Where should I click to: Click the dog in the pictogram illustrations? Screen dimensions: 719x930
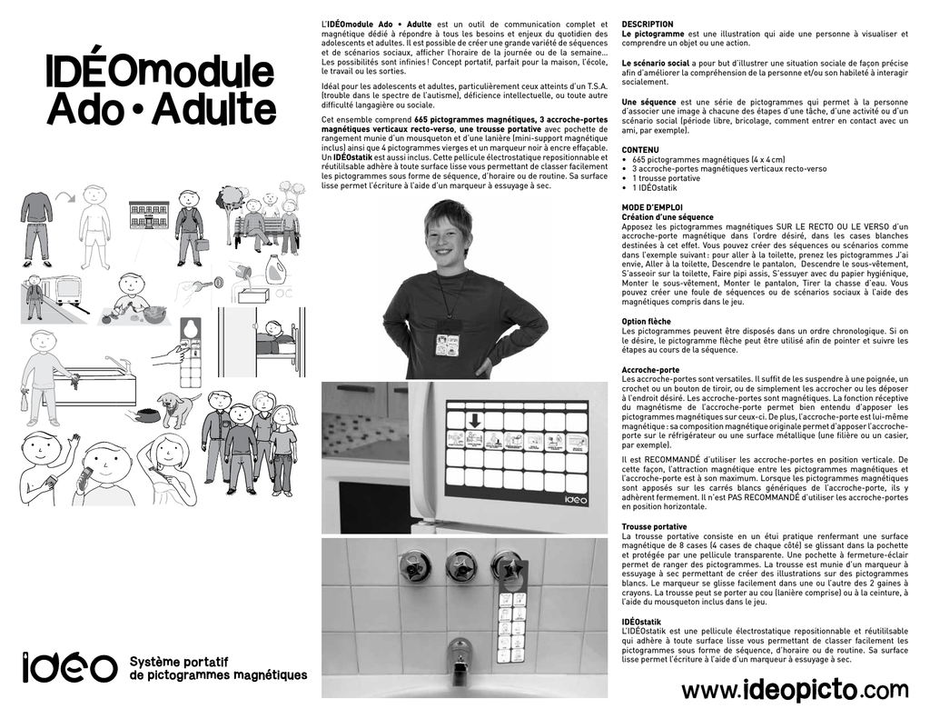pos(177,406)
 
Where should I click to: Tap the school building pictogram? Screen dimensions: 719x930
pos(148,215)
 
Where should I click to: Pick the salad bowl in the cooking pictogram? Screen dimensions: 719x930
pos(154,315)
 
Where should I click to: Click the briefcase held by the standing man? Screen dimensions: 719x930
pos(203,245)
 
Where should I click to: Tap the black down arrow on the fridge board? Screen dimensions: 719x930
pos(473,420)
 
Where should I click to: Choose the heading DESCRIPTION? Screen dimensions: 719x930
pos(648,24)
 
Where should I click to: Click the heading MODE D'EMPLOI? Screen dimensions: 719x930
pos(654,208)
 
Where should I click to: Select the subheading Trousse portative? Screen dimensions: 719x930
pos(654,526)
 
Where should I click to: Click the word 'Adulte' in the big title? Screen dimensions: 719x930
pos(213,111)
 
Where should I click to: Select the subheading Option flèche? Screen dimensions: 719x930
pos(647,321)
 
